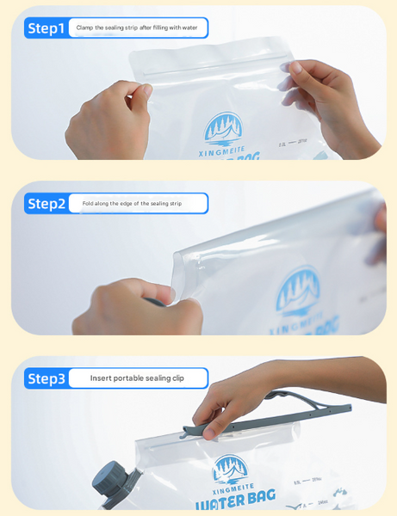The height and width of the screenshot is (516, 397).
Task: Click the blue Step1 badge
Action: coord(46,28)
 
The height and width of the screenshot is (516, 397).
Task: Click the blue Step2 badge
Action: coord(46,204)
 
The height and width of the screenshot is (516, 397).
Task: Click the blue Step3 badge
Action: coord(46,378)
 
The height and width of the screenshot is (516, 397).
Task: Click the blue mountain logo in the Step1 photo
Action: coord(223,128)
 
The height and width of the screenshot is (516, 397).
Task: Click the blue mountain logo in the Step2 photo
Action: coord(298,289)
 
